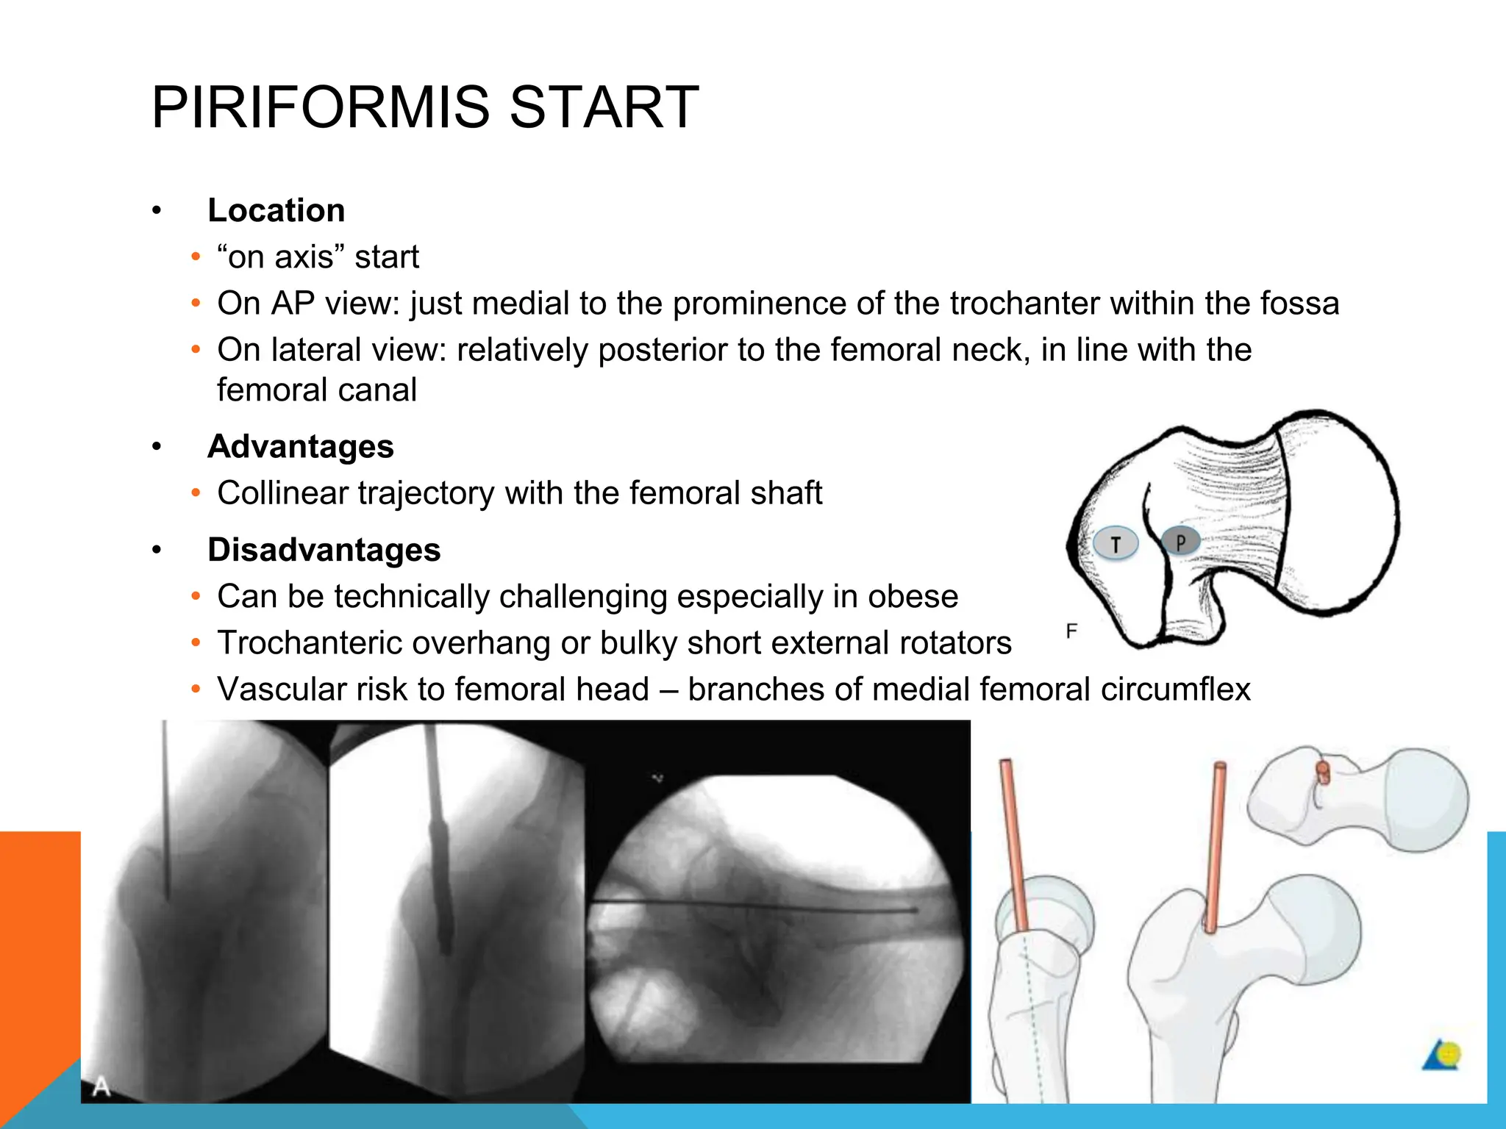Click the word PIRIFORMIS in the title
point(320,108)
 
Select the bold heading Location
point(276,211)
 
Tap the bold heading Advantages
point(300,447)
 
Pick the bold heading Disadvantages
point(324,551)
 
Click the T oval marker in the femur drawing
point(1116,545)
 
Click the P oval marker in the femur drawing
point(1180,542)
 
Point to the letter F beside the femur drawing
point(1071,631)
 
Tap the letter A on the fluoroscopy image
point(101,1086)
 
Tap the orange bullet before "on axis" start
point(195,257)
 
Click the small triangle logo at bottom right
point(1441,1057)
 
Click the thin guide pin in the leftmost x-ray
point(165,809)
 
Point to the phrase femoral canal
point(316,390)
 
